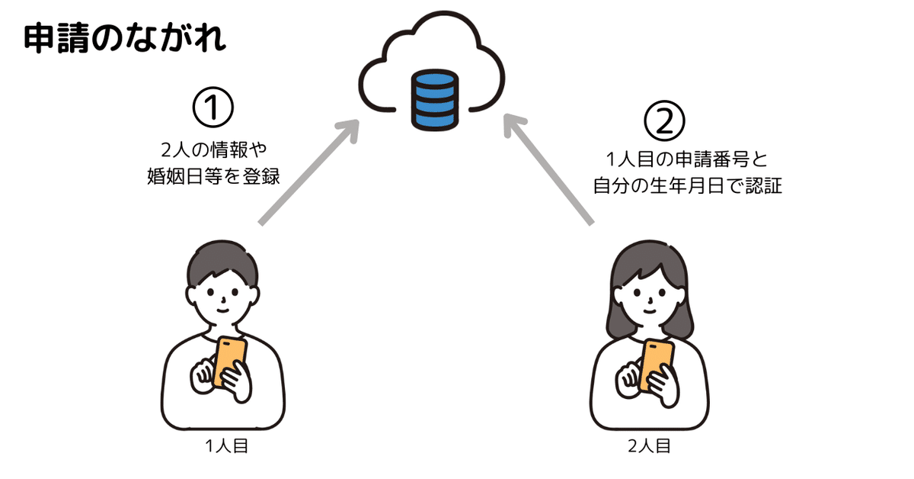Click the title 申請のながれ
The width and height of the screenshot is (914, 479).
point(125,38)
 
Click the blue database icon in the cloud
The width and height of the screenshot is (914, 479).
point(434,98)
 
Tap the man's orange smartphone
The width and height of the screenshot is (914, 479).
point(230,361)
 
